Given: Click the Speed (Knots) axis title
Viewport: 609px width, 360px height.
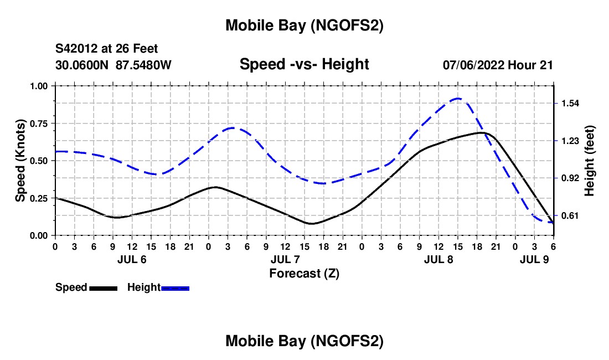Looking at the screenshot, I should pyautogui.click(x=20, y=160).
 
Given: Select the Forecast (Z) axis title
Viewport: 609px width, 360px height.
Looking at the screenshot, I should pyautogui.click(x=304, y=273).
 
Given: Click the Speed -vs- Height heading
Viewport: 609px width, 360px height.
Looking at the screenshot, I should pyautogui.click(x=304, y=64).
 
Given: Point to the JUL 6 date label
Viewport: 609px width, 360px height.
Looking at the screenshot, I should pyautogui.click(x=132, y=259).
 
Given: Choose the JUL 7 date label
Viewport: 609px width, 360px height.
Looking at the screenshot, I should pyautogui.click(x=285, y=259).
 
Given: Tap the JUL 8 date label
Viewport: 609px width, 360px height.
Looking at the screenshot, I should pyautogui.click(x=438, y=259).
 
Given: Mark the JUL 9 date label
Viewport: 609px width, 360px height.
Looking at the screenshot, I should pyautogui.click(x=534, y=259).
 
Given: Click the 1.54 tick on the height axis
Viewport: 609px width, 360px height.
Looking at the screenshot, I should pyautogui.click(x=570, y=104).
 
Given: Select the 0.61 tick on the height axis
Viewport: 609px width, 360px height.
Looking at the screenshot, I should pyautogui.click(x=570, y=215).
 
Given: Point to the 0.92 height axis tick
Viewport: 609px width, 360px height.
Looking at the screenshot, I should pyautogui.click(x=570, y=178).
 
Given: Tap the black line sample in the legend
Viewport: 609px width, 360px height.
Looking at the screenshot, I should pyautogui.click(x=103, y=288).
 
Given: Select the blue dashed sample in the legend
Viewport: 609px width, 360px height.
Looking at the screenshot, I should pyautogui.click(x=175, y=288).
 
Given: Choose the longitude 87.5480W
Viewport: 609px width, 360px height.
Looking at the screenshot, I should pyautogui.click(x=144, y=65).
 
